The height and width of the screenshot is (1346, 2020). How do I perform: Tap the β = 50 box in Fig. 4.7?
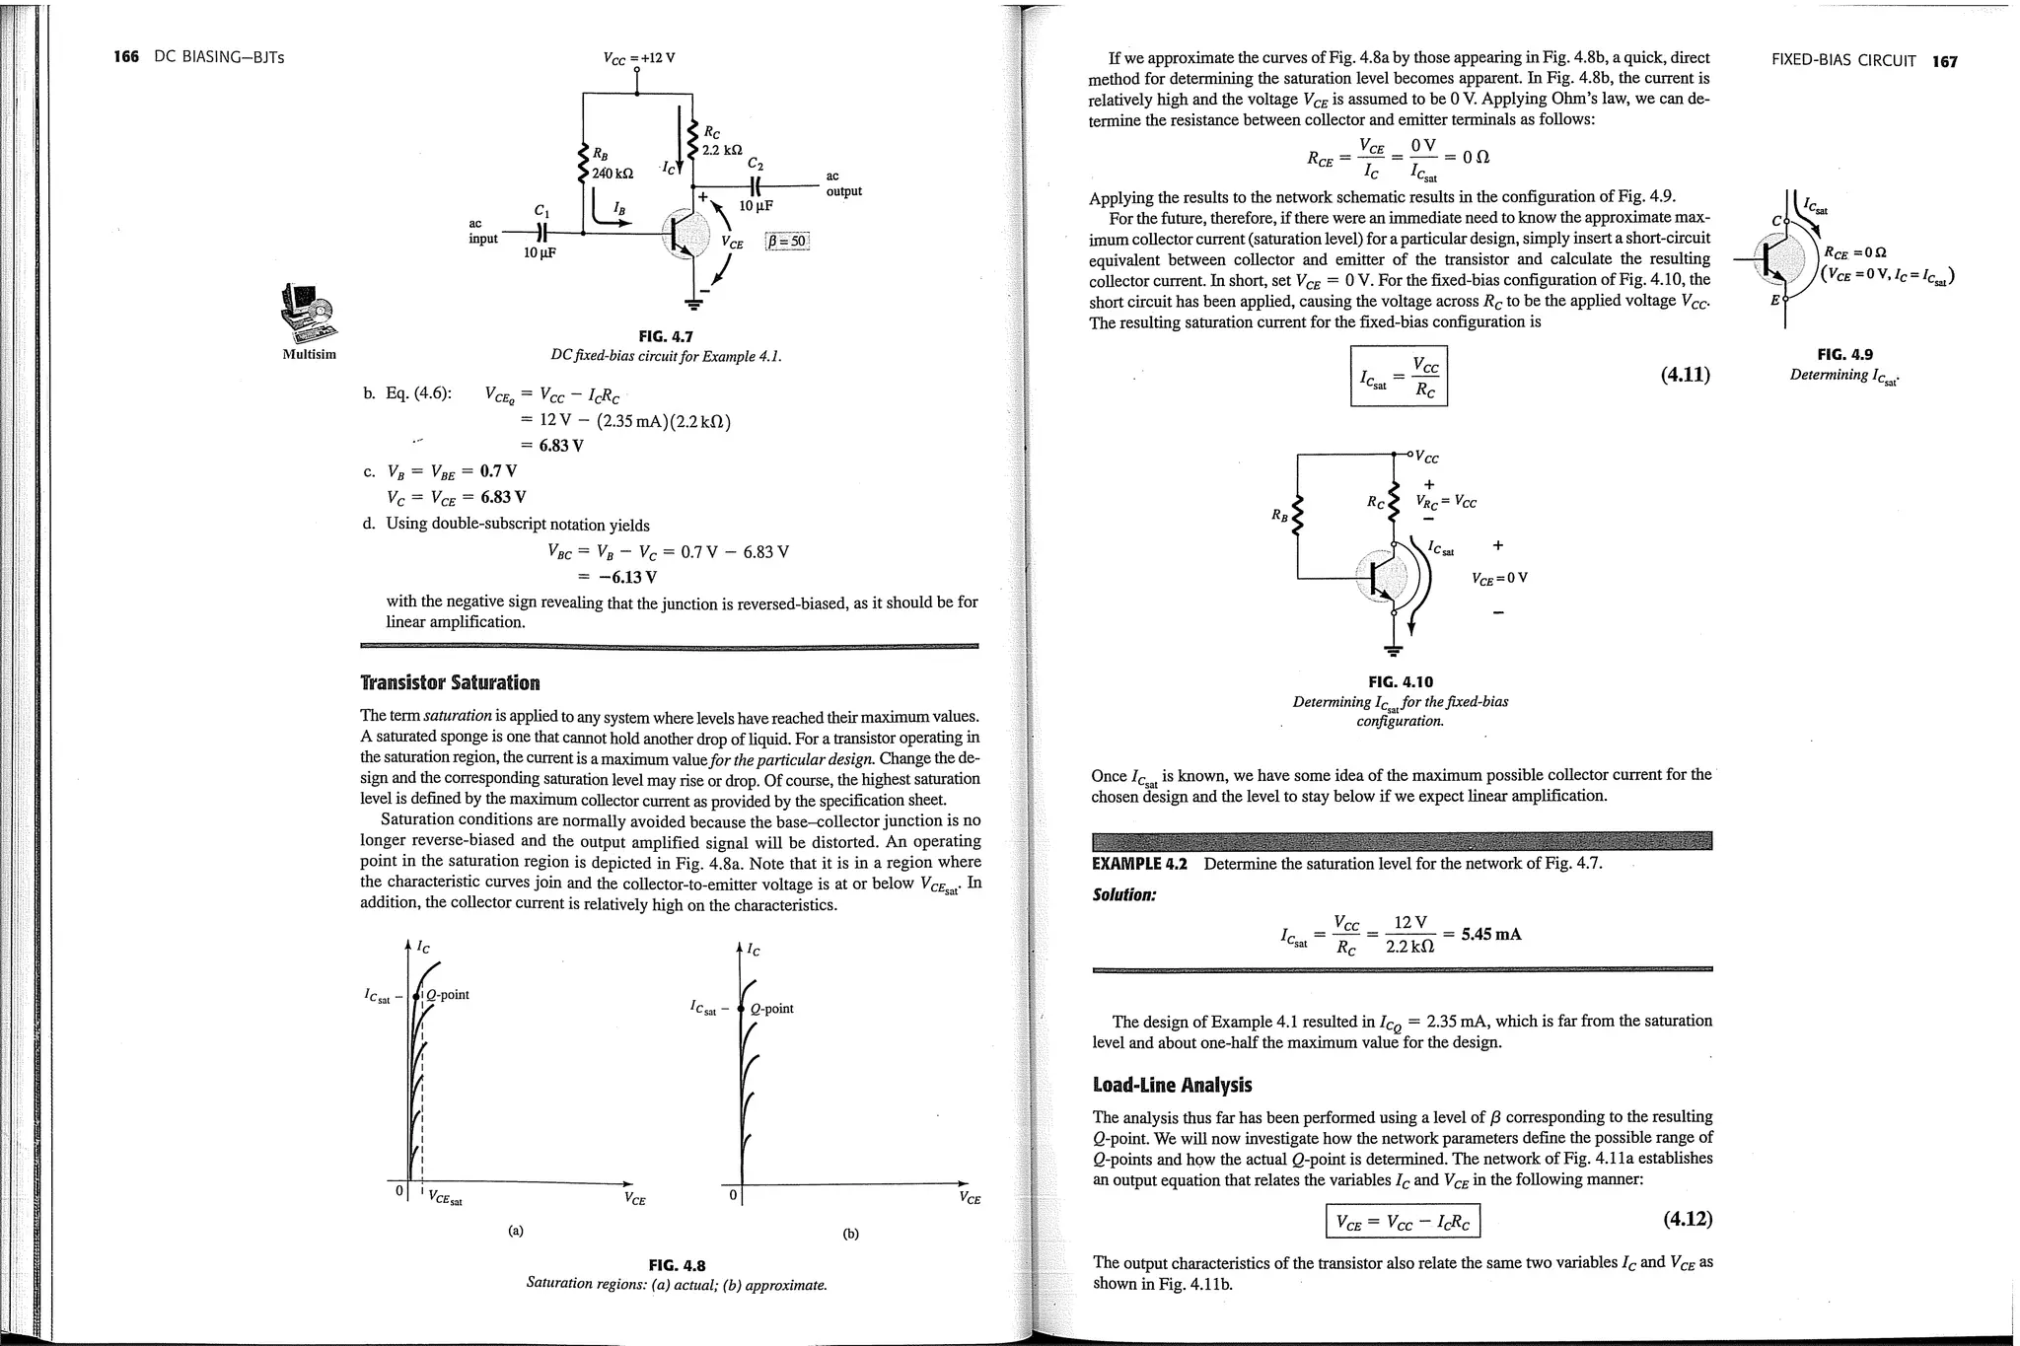[x=787, y=242]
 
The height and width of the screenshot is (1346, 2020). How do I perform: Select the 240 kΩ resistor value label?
[x=612, y=174]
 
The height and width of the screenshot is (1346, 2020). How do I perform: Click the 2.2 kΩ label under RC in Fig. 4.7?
[x=721, y=150]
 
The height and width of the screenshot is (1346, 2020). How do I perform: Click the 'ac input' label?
[x=482, y=232]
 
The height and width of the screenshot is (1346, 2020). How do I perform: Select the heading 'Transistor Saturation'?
[x=450, y=683]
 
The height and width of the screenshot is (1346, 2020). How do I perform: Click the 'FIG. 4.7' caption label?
[x=666, y=337]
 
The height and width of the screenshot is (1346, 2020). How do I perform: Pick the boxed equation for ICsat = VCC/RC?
[x=1398, y=376]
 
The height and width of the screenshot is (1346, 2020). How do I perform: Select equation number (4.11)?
[x=1685, y=376]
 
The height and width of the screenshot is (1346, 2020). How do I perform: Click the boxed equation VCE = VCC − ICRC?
[x=1402, y=1223]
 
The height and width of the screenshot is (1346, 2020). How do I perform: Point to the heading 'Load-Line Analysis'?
[x=1172, y=1086]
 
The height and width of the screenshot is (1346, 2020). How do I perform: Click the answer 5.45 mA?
[x=1491, y=934]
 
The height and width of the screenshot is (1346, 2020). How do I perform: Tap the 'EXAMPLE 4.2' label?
[x=1139, y=864]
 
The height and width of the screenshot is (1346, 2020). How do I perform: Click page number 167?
[x=1945, y=61]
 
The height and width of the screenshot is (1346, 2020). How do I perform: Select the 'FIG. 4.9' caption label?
[x=1844, y=355]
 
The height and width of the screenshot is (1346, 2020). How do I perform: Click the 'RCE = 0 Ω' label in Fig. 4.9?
[x=1855, y=253]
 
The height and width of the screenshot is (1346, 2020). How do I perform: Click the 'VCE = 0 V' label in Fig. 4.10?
[x=1498, y=579]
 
